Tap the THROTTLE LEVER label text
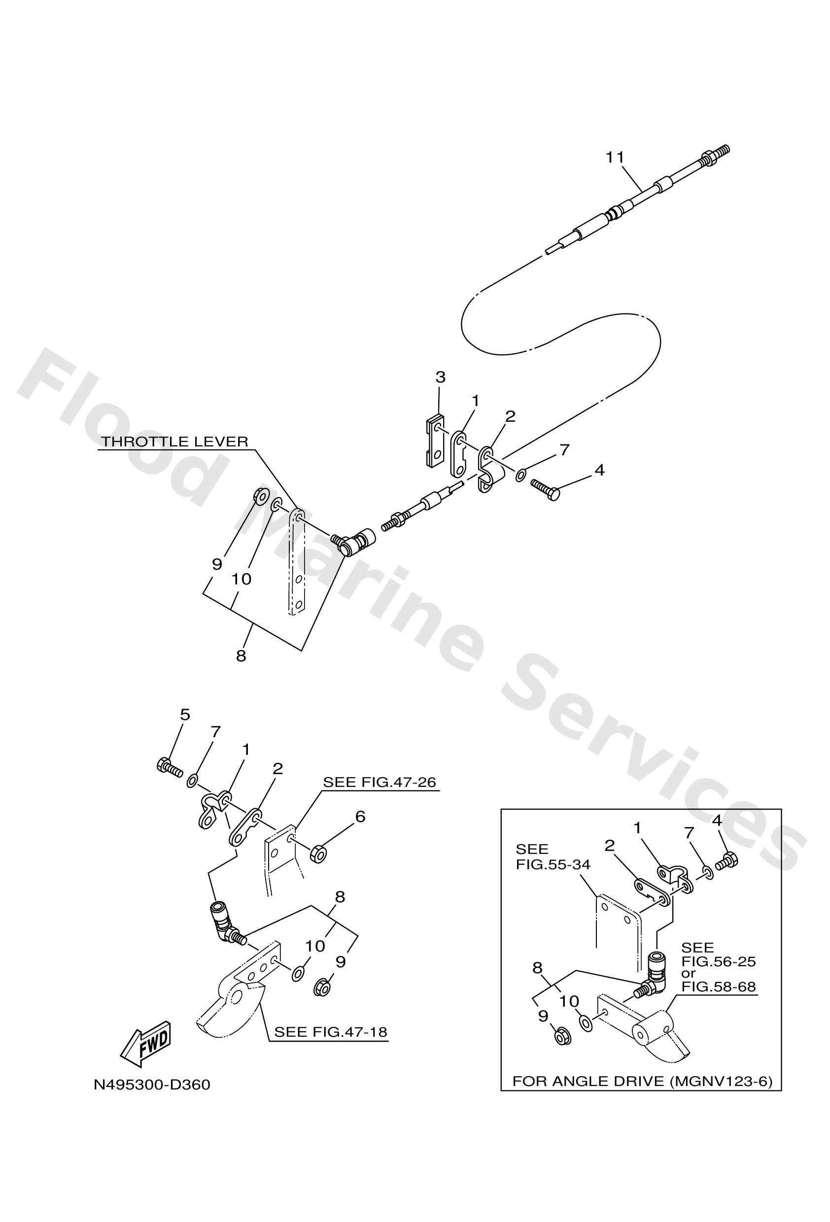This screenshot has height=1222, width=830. [174, 441]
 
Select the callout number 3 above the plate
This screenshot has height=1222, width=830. [440, 377]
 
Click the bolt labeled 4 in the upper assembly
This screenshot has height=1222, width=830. [545, 488]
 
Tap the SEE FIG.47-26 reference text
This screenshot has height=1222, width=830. [379, 782]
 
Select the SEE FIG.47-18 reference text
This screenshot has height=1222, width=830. [330, 1032]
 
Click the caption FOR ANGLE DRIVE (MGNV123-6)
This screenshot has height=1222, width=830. [642, 1081]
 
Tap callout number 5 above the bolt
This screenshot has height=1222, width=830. [185, 714]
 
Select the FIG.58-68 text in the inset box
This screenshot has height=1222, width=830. [718, 987]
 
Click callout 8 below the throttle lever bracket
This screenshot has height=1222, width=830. [241, 656]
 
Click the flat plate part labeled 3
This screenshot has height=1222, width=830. [434, 441]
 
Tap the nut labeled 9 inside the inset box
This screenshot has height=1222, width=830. [562, 1035]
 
